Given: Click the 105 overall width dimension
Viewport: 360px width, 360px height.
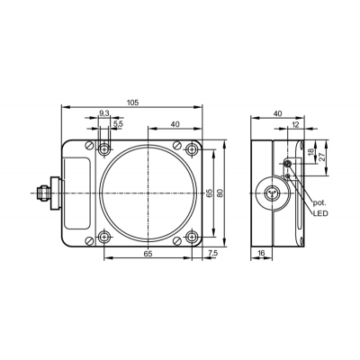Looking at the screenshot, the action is (x=132, y=103).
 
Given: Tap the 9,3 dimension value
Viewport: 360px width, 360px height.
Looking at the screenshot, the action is (x=103, y=113).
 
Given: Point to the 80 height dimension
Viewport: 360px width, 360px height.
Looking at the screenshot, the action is (x=220, y=193).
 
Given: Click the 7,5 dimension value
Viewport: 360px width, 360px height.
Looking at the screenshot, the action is (x=212, y=254).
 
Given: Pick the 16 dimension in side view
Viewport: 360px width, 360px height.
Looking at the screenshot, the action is (x=261, y=254).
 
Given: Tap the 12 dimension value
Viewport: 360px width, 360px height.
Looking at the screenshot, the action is (x=295, y=124).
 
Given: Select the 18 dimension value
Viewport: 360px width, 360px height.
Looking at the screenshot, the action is (x=311, y=152).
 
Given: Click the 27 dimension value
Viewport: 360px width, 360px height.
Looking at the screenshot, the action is (x=322, y=157).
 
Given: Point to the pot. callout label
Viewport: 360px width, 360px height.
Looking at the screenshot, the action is (x=319, y=203).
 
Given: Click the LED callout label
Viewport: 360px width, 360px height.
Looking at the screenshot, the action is (x=320, y=213).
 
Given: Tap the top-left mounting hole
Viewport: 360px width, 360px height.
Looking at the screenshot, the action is (x=103, y=148).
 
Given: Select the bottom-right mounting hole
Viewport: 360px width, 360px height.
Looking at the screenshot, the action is (x=191, y=237).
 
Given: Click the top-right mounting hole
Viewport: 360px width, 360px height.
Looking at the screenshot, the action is (x=191, y=148).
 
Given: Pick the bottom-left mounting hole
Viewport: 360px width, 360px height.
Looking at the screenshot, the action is (x=103, y=237).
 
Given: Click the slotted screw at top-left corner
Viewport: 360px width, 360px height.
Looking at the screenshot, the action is (x=89, y=145).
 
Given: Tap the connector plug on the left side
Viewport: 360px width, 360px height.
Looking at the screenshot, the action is (x=48, y=193).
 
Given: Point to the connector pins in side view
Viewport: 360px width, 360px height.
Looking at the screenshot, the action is (x=272, y=193).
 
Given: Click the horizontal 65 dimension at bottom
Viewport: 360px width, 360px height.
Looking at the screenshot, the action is (x=148, y=254).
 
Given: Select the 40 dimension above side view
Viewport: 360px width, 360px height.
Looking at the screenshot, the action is (x=278, y=113).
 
